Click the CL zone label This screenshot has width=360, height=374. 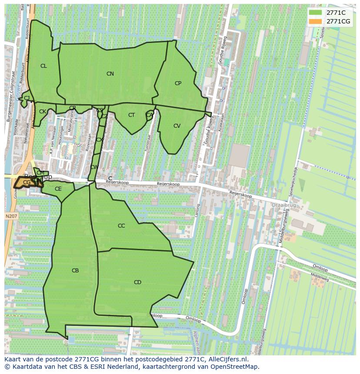pyautogui.click(x=43, y=66)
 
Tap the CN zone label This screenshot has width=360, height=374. pyautogui.click(x=110, y=74)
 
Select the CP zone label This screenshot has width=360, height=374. pyautogui.click(x=178, y=83)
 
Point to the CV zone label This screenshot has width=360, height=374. pyautogui.click(x=177, y=126)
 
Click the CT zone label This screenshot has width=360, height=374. pyautogui.click(x=131, y=115)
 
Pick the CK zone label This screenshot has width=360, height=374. pyautogui.click(x=43, y=112)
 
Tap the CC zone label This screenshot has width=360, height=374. pyautogui.click(x=121, y=226)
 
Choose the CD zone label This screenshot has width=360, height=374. pyautogui.click(x=137, y=282)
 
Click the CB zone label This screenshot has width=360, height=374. pyautogui.click(x=75, y=271)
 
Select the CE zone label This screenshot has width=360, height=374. pyautogui.click(x=58, y=189)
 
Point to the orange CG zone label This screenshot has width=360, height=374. pyautogui.click(x=27, y=182)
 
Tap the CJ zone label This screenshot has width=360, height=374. pyautogui.click(x=27, y=98)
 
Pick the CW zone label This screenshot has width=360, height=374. pyautogui.click(x=93, y=167)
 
